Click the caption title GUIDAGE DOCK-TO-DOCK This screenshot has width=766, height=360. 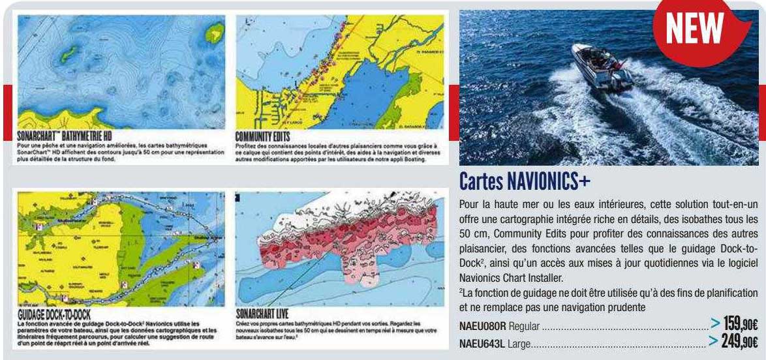55,316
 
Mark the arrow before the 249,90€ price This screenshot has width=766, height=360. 716,339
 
